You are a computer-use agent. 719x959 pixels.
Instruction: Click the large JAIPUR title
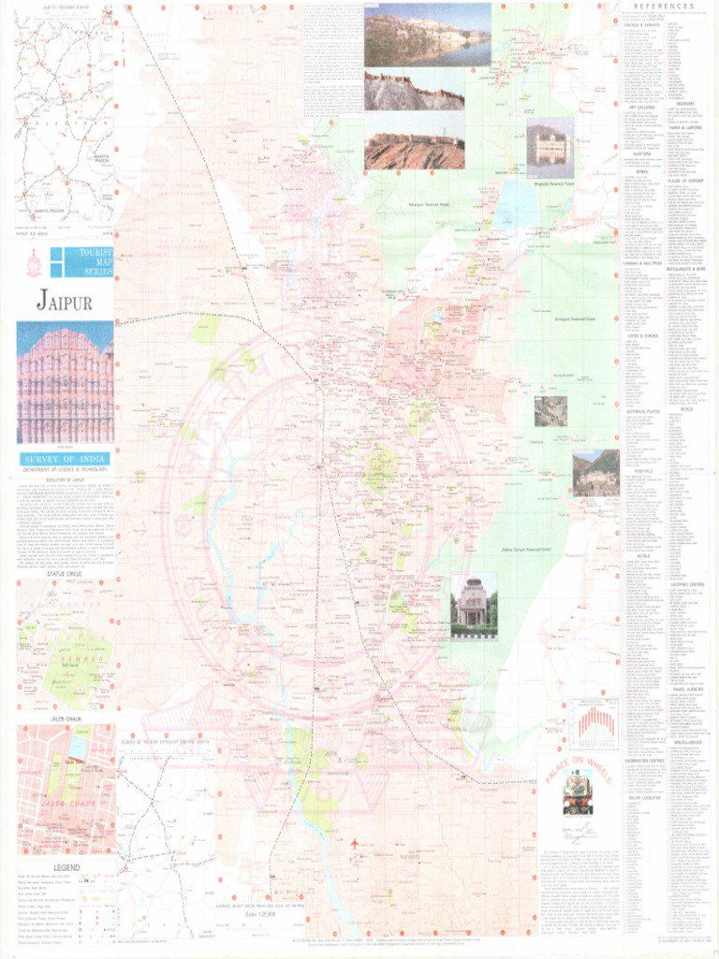tap(64, 302)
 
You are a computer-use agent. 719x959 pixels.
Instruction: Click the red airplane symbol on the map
tap(355, 844)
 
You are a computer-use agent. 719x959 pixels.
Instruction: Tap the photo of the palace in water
tap(550, 147)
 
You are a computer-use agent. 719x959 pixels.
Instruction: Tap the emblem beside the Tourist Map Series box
tap(34, 265)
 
